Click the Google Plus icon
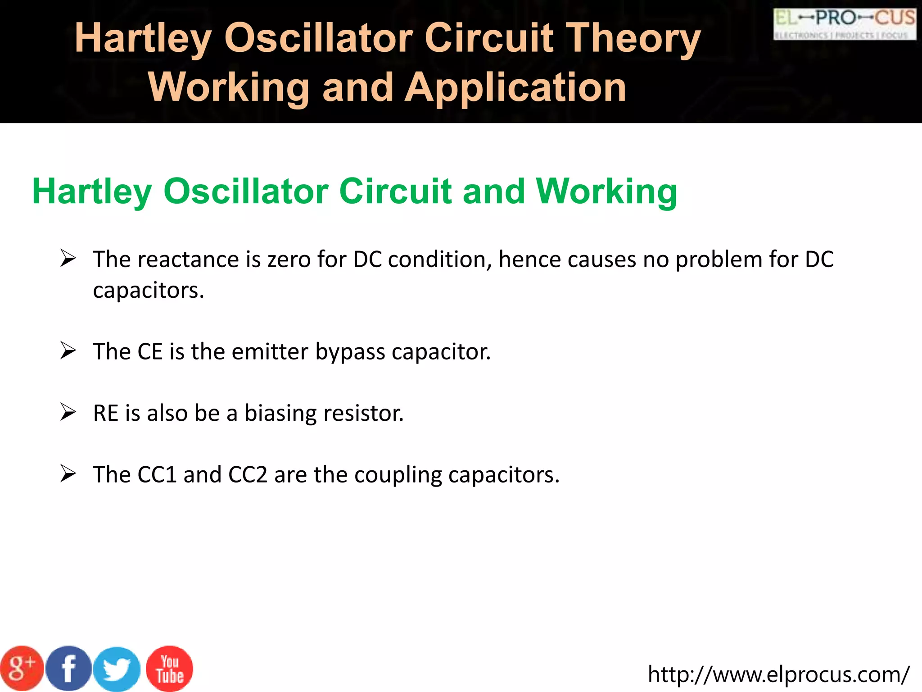22,668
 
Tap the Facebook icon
68,668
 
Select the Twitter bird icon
117,669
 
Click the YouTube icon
170,669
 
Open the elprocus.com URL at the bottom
778,674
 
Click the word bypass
350,352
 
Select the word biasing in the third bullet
280,414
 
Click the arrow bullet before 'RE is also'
68,412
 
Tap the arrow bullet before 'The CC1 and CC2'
68,474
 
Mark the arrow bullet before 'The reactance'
68,259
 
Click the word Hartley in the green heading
92,192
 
